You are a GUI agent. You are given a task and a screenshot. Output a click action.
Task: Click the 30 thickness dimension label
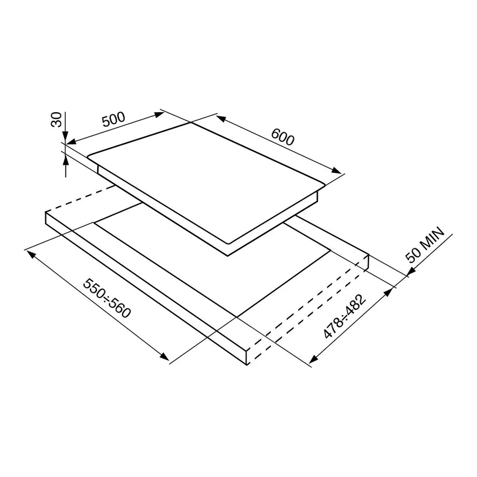click(57, 119)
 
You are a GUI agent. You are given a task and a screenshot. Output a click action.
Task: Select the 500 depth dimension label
click(114, 120)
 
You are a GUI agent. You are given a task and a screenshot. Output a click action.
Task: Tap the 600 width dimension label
click(282, 137)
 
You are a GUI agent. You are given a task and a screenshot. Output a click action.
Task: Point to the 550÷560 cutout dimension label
click(107, 298)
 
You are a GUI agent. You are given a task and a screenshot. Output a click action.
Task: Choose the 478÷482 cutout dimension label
click(345, 316)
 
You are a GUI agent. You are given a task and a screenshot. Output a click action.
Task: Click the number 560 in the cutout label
click(119, 308)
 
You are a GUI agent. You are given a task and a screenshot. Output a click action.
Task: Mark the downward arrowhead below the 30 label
click(66, 136)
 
